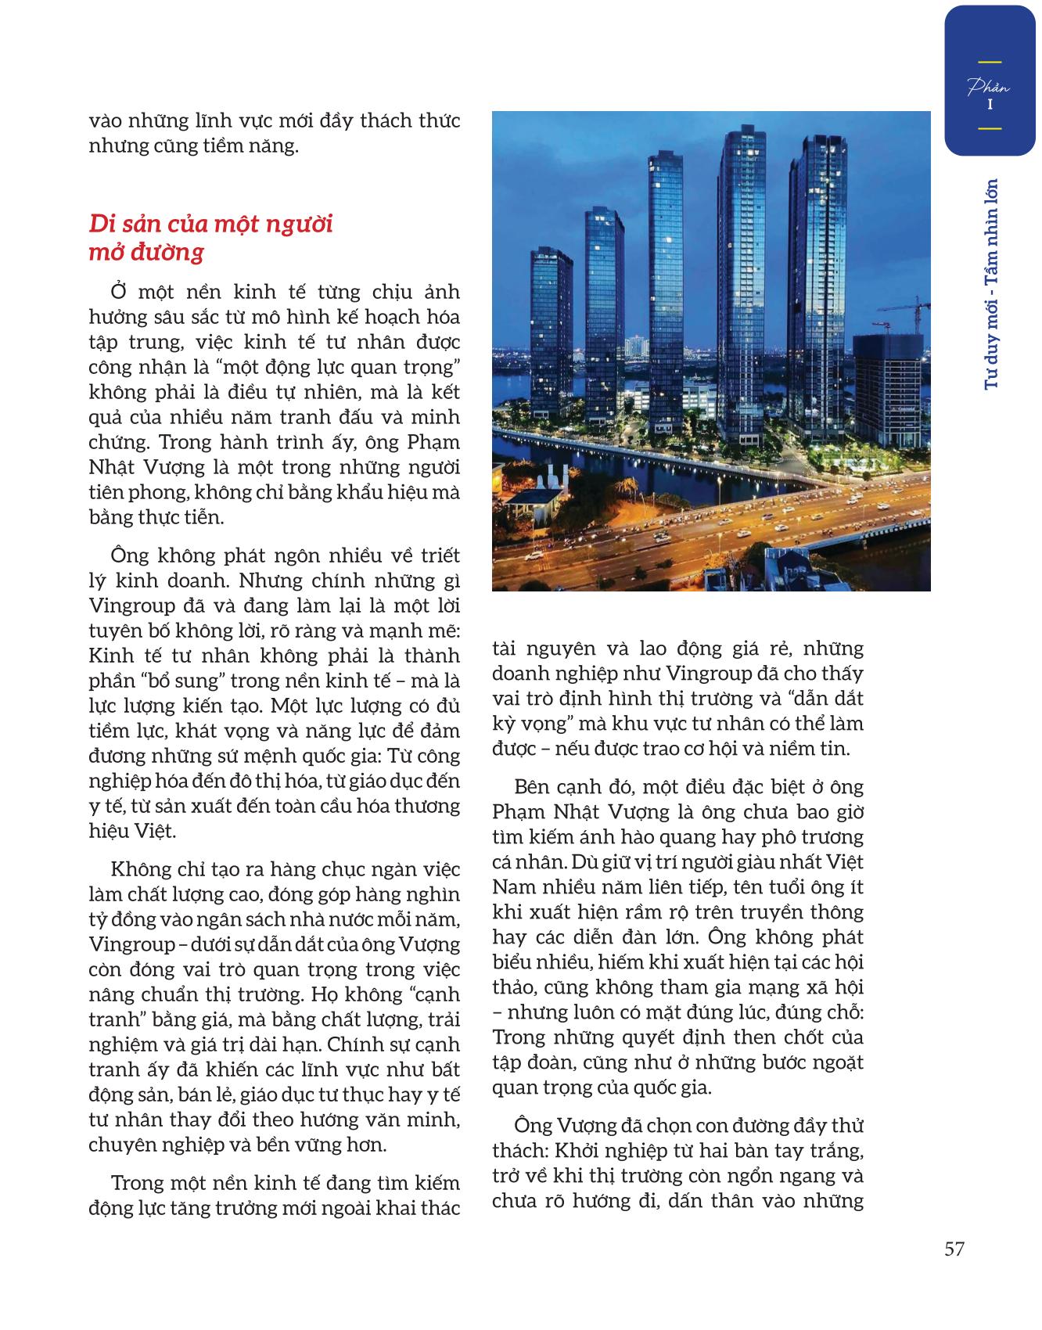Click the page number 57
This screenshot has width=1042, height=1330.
(x=954, y=1249)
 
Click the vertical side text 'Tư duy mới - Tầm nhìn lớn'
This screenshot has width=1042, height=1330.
(x=992, y=284)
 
